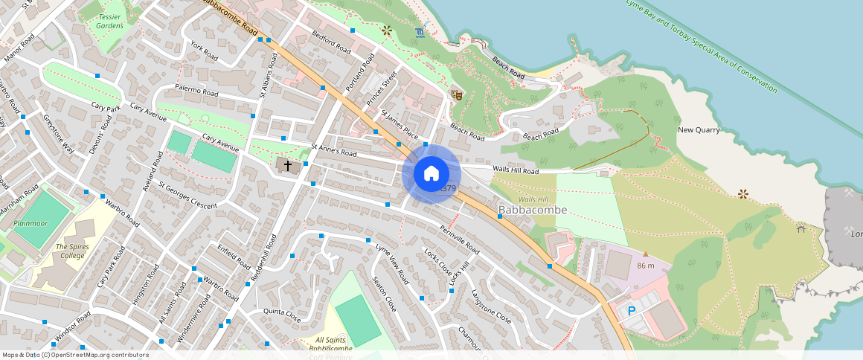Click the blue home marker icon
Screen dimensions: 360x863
[x=431, y=174]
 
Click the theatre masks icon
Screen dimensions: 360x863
[x=457, y=95]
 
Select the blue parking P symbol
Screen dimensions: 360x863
[x=632, y=311]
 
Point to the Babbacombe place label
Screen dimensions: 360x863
[x=533, y=210]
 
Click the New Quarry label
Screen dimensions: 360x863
[x=699, y=130]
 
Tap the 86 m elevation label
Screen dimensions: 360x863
[x=645, y=266]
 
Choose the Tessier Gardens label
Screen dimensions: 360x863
[x=109, y=20]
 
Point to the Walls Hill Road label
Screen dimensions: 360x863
[x=515, y=171]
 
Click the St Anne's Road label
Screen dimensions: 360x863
[x=334, y=150]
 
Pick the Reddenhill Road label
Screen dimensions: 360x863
[x=263, y=257]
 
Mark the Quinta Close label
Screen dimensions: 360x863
[x=282, y=315]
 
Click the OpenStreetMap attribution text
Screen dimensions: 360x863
[x=74, y=355]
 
